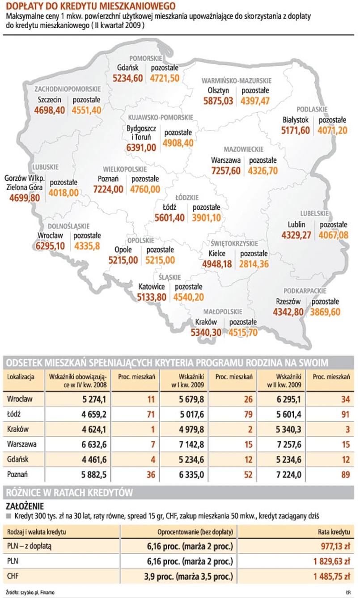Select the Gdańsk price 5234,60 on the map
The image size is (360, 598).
(x=127, y=78)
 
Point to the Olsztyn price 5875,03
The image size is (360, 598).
(x=218, y=101)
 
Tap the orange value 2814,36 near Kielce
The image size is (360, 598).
(x=254, y=264)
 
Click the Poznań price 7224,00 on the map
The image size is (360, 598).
(x=108, y=189)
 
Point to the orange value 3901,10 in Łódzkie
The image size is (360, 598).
(x=206, y=217)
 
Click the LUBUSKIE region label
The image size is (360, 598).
(x=45, y=167)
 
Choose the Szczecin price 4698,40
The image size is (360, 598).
(x=49, y=110)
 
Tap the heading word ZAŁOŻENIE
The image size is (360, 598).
(x=25, y=506)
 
